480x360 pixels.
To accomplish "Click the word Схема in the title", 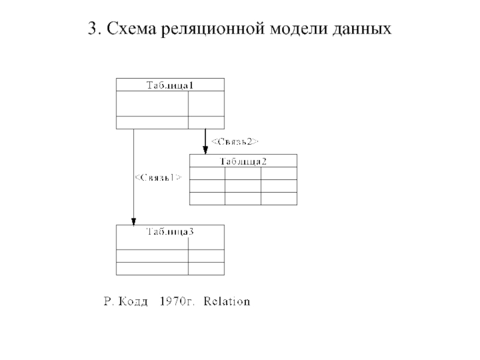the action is pyautogui.click(x=131, y=28).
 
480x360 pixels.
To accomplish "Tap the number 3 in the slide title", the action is pyautogui.click(x=93, y=28).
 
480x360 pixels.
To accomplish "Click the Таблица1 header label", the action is pyautogui.click(x=170, y=85).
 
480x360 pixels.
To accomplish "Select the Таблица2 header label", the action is pyautogui.click(x=244, y=161).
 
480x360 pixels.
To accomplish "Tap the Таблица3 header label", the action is pyautogui.click(x=170, y=232).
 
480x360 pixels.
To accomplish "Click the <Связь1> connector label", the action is pyautogui.click(x=158, y=178).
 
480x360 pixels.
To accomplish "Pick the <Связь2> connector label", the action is pyautogui.click(x=235, y=142).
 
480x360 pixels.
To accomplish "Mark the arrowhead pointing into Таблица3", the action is pyautogui.click(x=133, y=221).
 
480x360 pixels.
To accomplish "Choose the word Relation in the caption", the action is pyautogui.click(x=227, y=302).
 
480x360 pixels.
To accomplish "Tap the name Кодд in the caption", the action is pyautogui.click(x=133, y=302).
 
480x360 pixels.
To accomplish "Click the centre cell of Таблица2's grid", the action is pyautogui.click(x=243, y=186).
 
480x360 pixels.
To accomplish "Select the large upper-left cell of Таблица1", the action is pyautogui.click(x=152, y=103).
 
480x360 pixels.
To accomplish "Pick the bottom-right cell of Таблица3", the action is pyautogui.click(x=206, y=268).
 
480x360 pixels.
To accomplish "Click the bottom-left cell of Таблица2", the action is pyautogui.click(x=207, y=199).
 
